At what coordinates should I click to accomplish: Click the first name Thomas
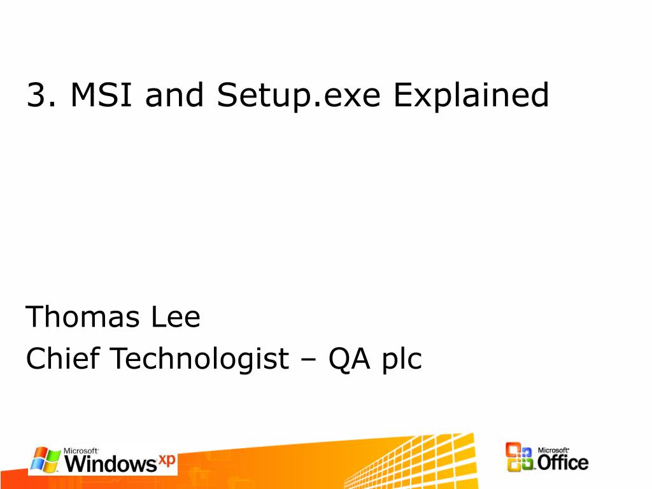83,316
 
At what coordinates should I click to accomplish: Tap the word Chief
63,359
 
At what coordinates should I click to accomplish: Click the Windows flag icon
45,460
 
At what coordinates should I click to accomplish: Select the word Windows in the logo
110,464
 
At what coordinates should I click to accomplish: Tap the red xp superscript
167,459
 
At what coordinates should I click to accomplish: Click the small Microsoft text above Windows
81,450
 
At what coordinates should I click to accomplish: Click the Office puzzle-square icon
520,458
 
